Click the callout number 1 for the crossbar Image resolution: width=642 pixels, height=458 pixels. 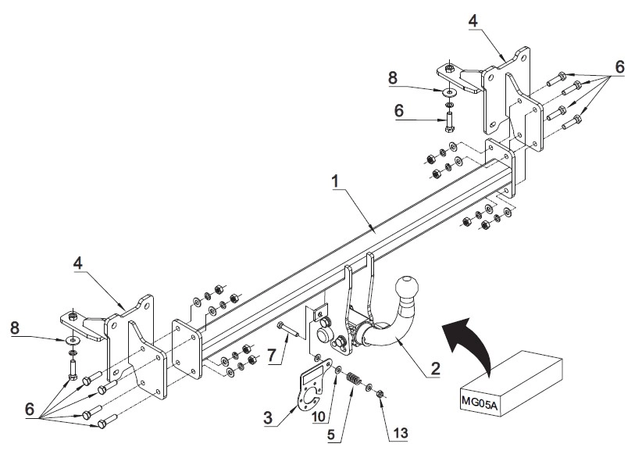[x=335, y=181]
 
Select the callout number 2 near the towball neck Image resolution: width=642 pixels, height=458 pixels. [x=435, y=369]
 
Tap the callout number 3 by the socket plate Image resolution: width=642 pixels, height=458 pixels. [x=268, y=418]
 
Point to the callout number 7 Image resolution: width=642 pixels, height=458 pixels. [x=273, y=355]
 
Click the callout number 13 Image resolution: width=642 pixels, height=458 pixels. [x=401, y=433]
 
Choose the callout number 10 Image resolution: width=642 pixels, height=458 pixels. [x=318, y=417]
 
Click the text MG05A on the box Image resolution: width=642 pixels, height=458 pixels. [x=479, y=399]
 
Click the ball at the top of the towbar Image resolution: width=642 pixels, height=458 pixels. [x=407, y=285]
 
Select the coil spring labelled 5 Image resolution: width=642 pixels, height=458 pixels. [x=354, y=379]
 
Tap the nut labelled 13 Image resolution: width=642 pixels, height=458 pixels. [x=380, y=394]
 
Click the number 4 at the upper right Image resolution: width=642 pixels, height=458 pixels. [x=473, y=21]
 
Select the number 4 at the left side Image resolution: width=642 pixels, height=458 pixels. [x=78, y=263]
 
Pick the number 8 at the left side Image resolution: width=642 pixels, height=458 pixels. [x=15, y=327]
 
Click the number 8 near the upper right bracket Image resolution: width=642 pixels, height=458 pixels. [x=393, y=78]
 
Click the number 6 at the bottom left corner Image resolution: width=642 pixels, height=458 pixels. [x=30, y=410]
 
